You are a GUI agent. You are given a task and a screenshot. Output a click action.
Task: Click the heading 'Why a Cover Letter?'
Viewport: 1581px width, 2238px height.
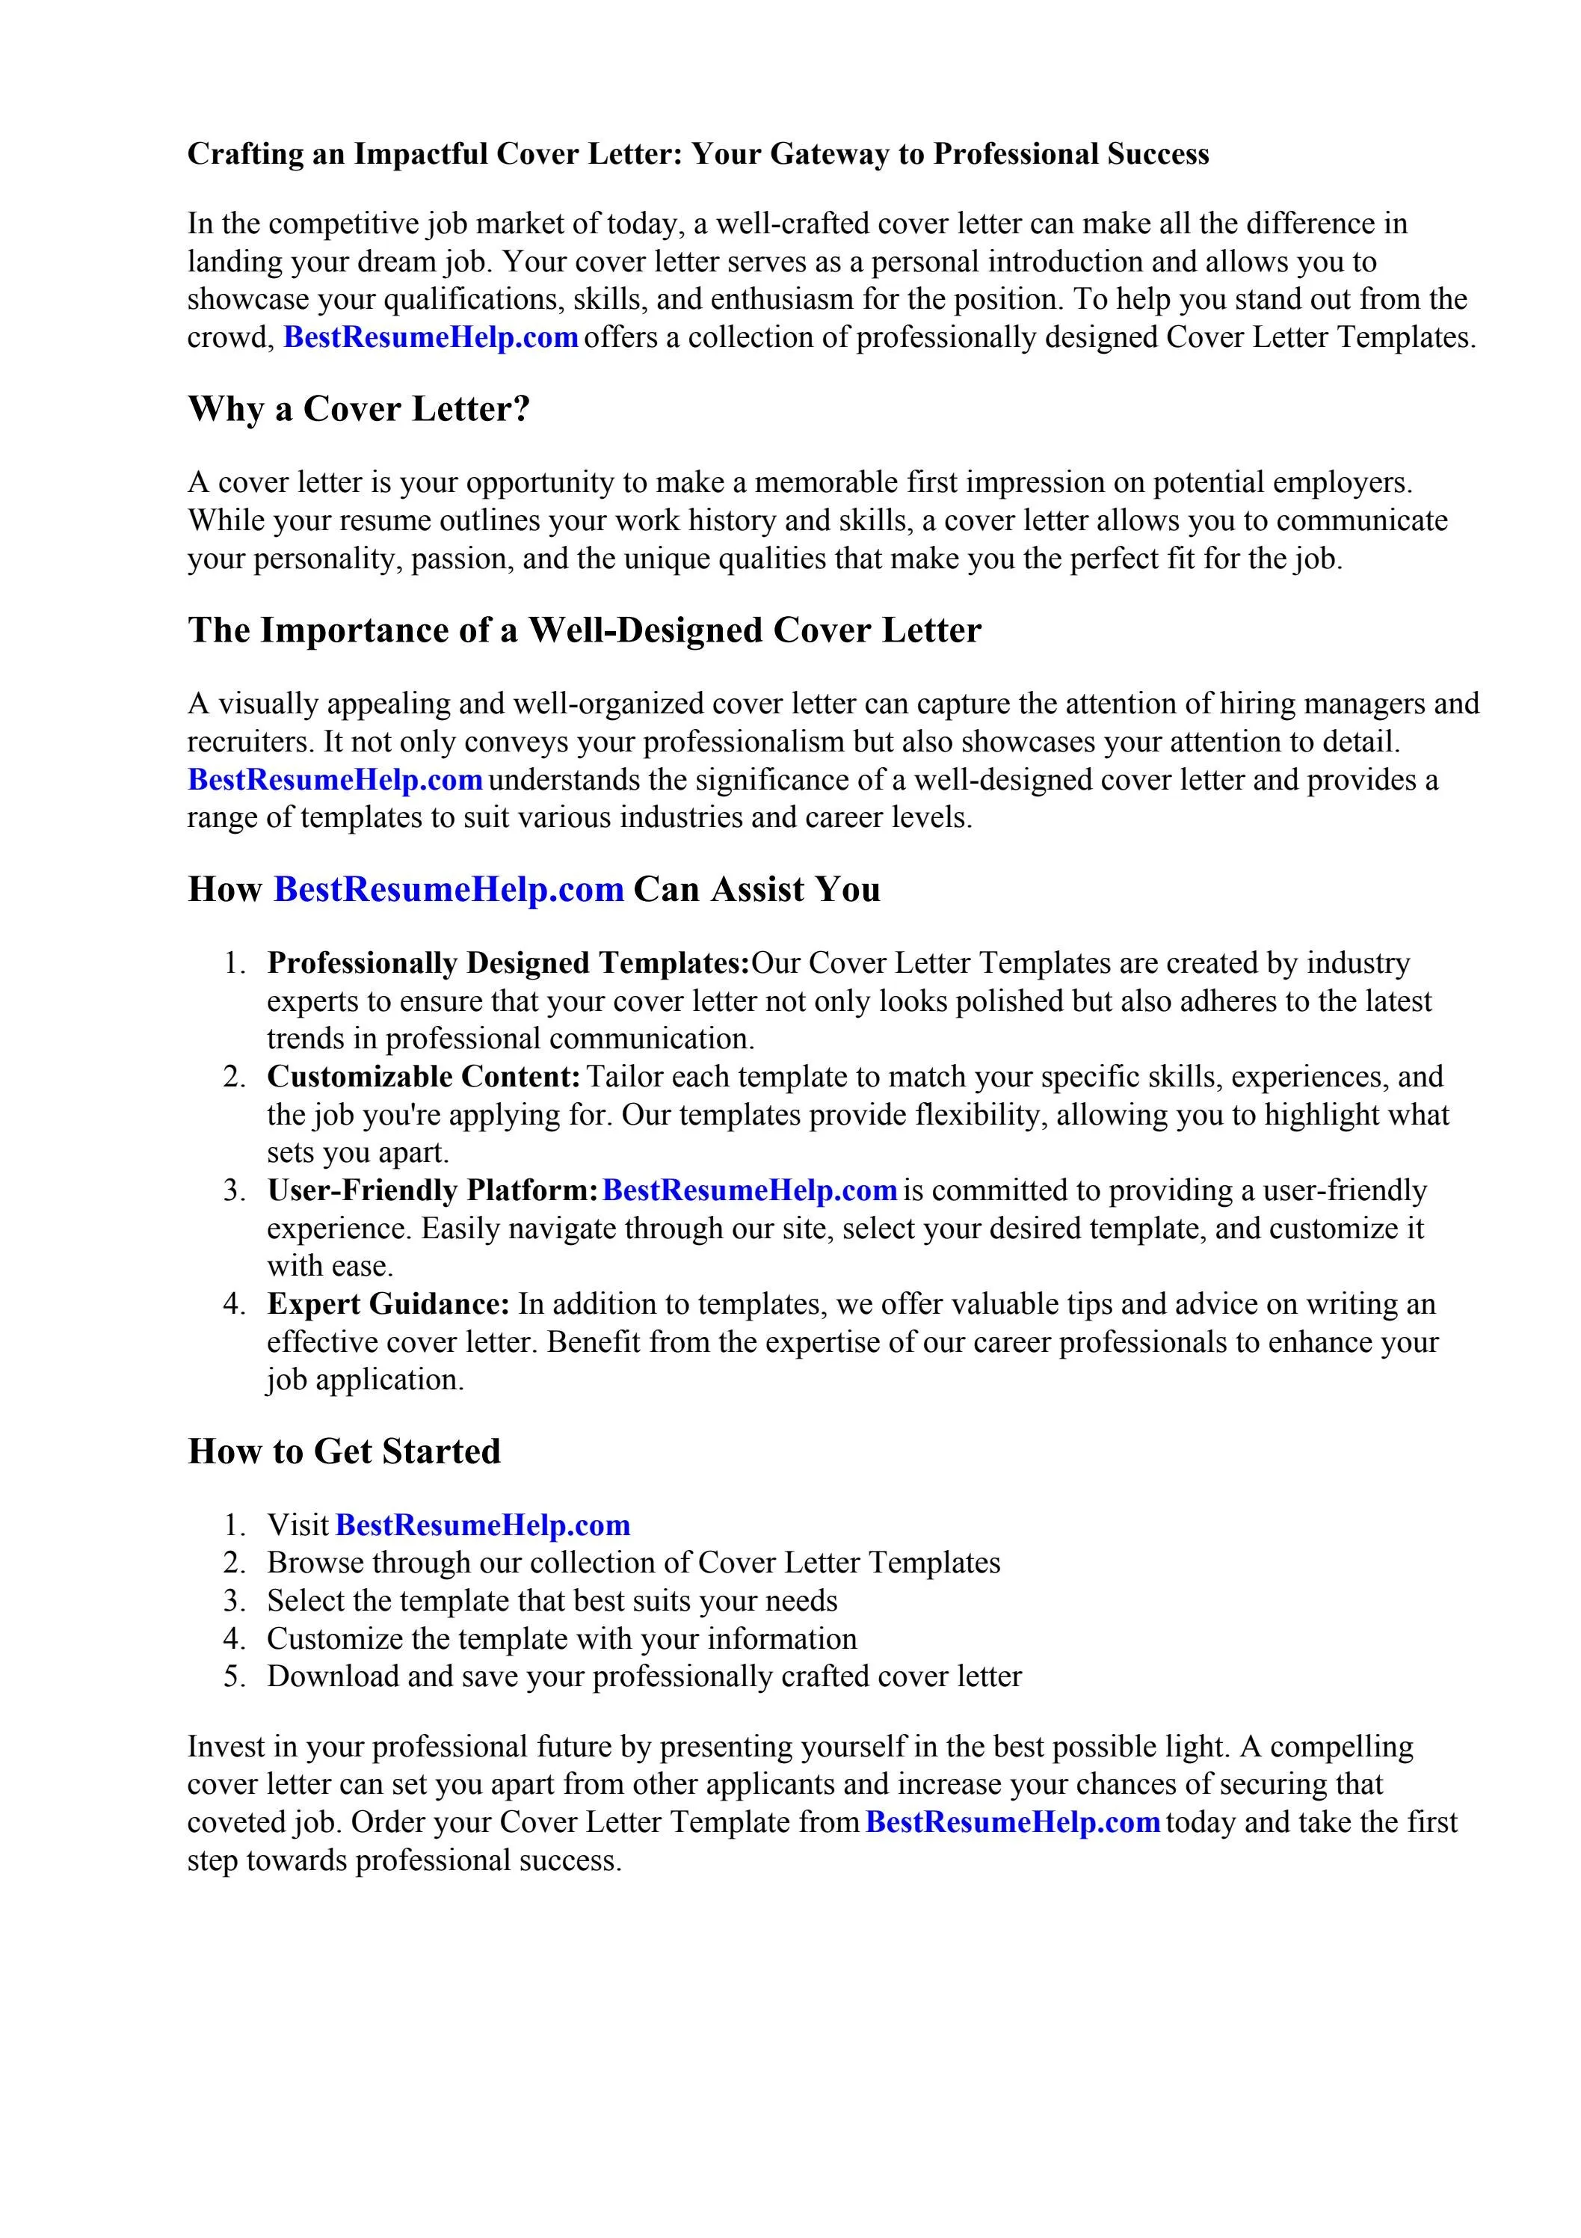[x=358, y=408]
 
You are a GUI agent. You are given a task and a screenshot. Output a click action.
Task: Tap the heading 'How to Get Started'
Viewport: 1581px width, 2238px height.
[x=343, y=1451]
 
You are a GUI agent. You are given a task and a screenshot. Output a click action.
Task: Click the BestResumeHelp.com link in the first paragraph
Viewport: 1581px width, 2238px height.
[x=431, y=337]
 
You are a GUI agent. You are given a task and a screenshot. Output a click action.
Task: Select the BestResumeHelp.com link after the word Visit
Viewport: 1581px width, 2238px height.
[x=482, y=1525]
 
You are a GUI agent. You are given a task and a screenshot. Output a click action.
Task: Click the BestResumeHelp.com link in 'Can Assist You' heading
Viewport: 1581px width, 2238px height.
[x=449, y=890]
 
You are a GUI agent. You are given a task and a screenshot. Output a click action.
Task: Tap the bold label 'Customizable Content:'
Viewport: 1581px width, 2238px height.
[x=423, y=1077]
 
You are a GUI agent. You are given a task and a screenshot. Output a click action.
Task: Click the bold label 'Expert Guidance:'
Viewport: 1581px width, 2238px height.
[x=388, y=1304]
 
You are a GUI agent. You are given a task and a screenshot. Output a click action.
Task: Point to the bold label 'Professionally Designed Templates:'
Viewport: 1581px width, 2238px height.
[x=508, y=963]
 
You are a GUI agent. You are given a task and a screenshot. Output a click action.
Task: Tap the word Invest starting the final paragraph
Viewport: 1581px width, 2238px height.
[x=227, y=1746]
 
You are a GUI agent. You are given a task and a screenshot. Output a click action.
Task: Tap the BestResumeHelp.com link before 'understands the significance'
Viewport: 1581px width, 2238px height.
[x=334, y=780]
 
